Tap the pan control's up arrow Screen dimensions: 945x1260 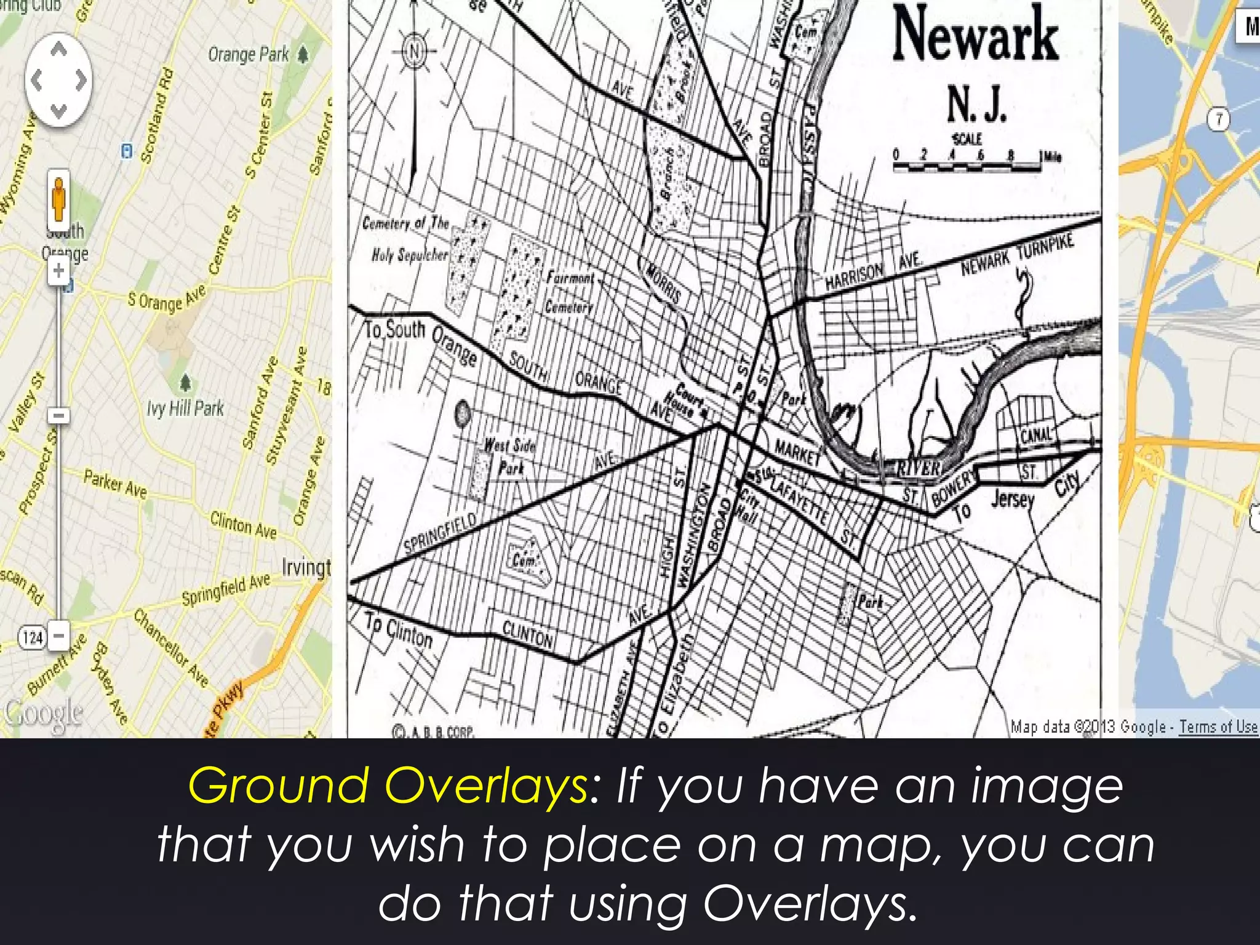[x=58, y=49]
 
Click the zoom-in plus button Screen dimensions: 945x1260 [x=58, y=271]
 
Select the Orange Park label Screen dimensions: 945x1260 [x=249, y=55]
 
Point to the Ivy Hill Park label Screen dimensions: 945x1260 [x=185, y=408]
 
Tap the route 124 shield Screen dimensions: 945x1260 [x=32, y=637]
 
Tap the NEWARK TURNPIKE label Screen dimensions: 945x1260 [x=1018, y=253]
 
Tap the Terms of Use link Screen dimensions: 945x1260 [x=1218, y=727]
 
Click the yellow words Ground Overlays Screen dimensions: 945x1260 [x=388, y=786]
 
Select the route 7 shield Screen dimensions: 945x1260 [x=1219, y=119]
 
